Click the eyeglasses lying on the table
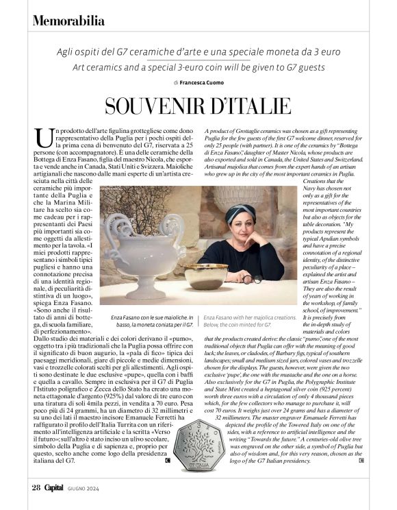point(251,279)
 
